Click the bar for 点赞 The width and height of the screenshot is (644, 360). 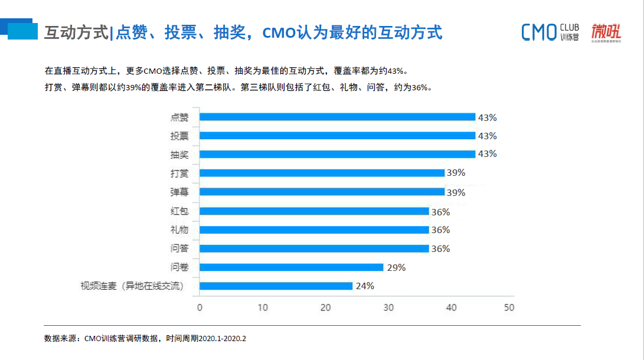pos(337,117)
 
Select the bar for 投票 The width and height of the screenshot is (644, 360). pos(337,136)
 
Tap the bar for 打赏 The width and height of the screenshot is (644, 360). pos(322,173)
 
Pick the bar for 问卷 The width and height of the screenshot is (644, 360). pos(291,267)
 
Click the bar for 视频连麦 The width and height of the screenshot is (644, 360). pos(276,286)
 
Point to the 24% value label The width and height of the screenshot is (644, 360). pos(365,286)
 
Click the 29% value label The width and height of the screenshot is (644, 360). pos(396,267)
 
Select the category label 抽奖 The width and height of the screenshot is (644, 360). pos(179,155)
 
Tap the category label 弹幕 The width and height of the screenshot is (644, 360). pos(179,192)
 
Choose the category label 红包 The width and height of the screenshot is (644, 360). pos(179,211)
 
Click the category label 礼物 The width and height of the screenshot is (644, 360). pos(179,230)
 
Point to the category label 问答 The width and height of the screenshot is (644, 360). pos(179,248)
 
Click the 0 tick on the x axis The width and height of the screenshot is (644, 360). pos(200,307)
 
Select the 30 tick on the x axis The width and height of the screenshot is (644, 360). pos(388,307)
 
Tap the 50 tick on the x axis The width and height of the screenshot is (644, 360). pos(509,307)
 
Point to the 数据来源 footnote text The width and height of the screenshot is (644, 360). pos(145,339)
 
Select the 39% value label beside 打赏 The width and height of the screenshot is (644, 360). pos(456,173)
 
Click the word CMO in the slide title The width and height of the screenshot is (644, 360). pos(279,32)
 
